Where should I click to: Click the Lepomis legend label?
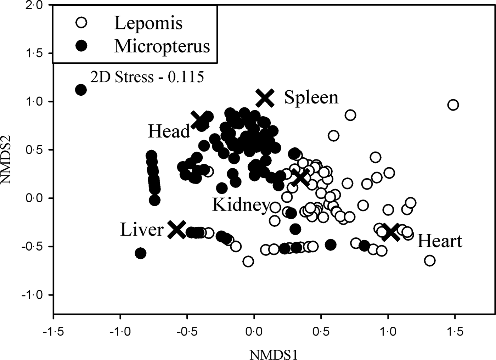(x=148, y=23)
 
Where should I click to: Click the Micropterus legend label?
(x=162, y=46)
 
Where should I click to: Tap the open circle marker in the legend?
(x=81, y=23)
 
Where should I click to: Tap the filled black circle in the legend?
(x=81, y=46)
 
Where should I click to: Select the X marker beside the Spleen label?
(x=265, y=98)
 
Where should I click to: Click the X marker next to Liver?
(x=176, y=230)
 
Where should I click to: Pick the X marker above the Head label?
(x=199, y=120)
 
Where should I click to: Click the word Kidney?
(x=241, y=205)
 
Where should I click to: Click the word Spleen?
(x=311, y=97)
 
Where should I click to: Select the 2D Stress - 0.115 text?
(x=147, y=77)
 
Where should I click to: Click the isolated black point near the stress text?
(x=81, y=90)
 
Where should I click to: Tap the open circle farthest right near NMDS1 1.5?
(x=453, y=105)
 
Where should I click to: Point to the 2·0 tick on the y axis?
(x=36, y=6)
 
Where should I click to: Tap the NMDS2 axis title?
(x=8, y=160)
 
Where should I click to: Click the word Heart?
(x=440, y=241)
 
